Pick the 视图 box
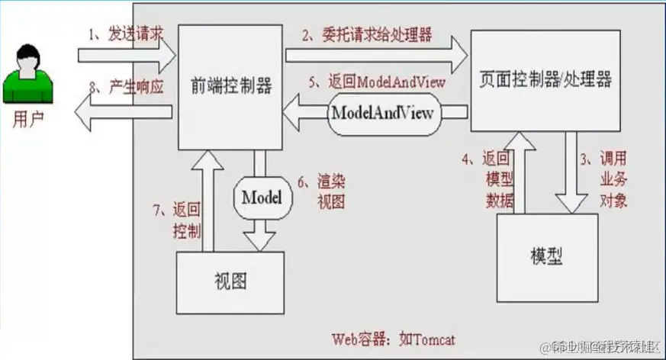[x=230, y=281]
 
